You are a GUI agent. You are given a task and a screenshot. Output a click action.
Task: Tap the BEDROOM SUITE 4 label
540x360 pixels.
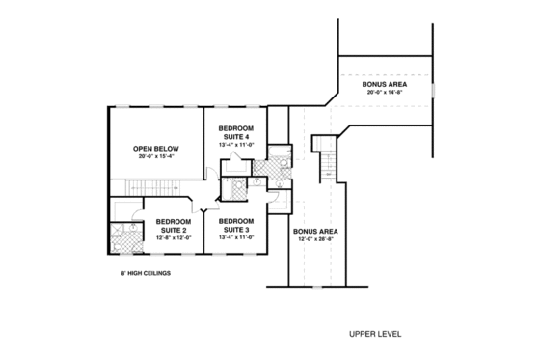click(236, 133)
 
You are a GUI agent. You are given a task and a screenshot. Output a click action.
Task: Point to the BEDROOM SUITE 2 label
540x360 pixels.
click(175, 224)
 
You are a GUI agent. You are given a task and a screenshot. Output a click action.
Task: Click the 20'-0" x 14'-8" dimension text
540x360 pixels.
click(385, 93)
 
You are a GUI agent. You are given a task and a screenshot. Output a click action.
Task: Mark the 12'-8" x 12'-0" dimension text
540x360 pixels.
click(175, 237)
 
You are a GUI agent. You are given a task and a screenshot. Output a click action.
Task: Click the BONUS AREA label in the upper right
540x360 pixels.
click(385, 85)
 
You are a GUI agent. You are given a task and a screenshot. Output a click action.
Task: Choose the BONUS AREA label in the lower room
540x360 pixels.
click(314, 231)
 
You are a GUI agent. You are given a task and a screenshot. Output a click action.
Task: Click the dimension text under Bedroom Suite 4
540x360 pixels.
click(236, 145)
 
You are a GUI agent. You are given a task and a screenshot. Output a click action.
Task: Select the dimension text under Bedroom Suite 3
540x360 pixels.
click(236, 235)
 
